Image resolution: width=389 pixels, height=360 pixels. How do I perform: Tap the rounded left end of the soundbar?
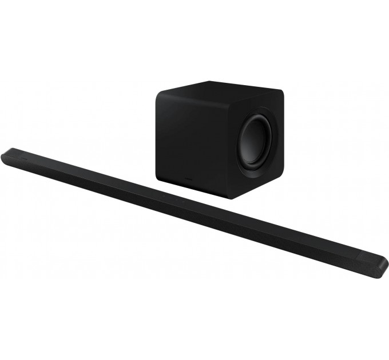pyautogui.click(x=7, y=155)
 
